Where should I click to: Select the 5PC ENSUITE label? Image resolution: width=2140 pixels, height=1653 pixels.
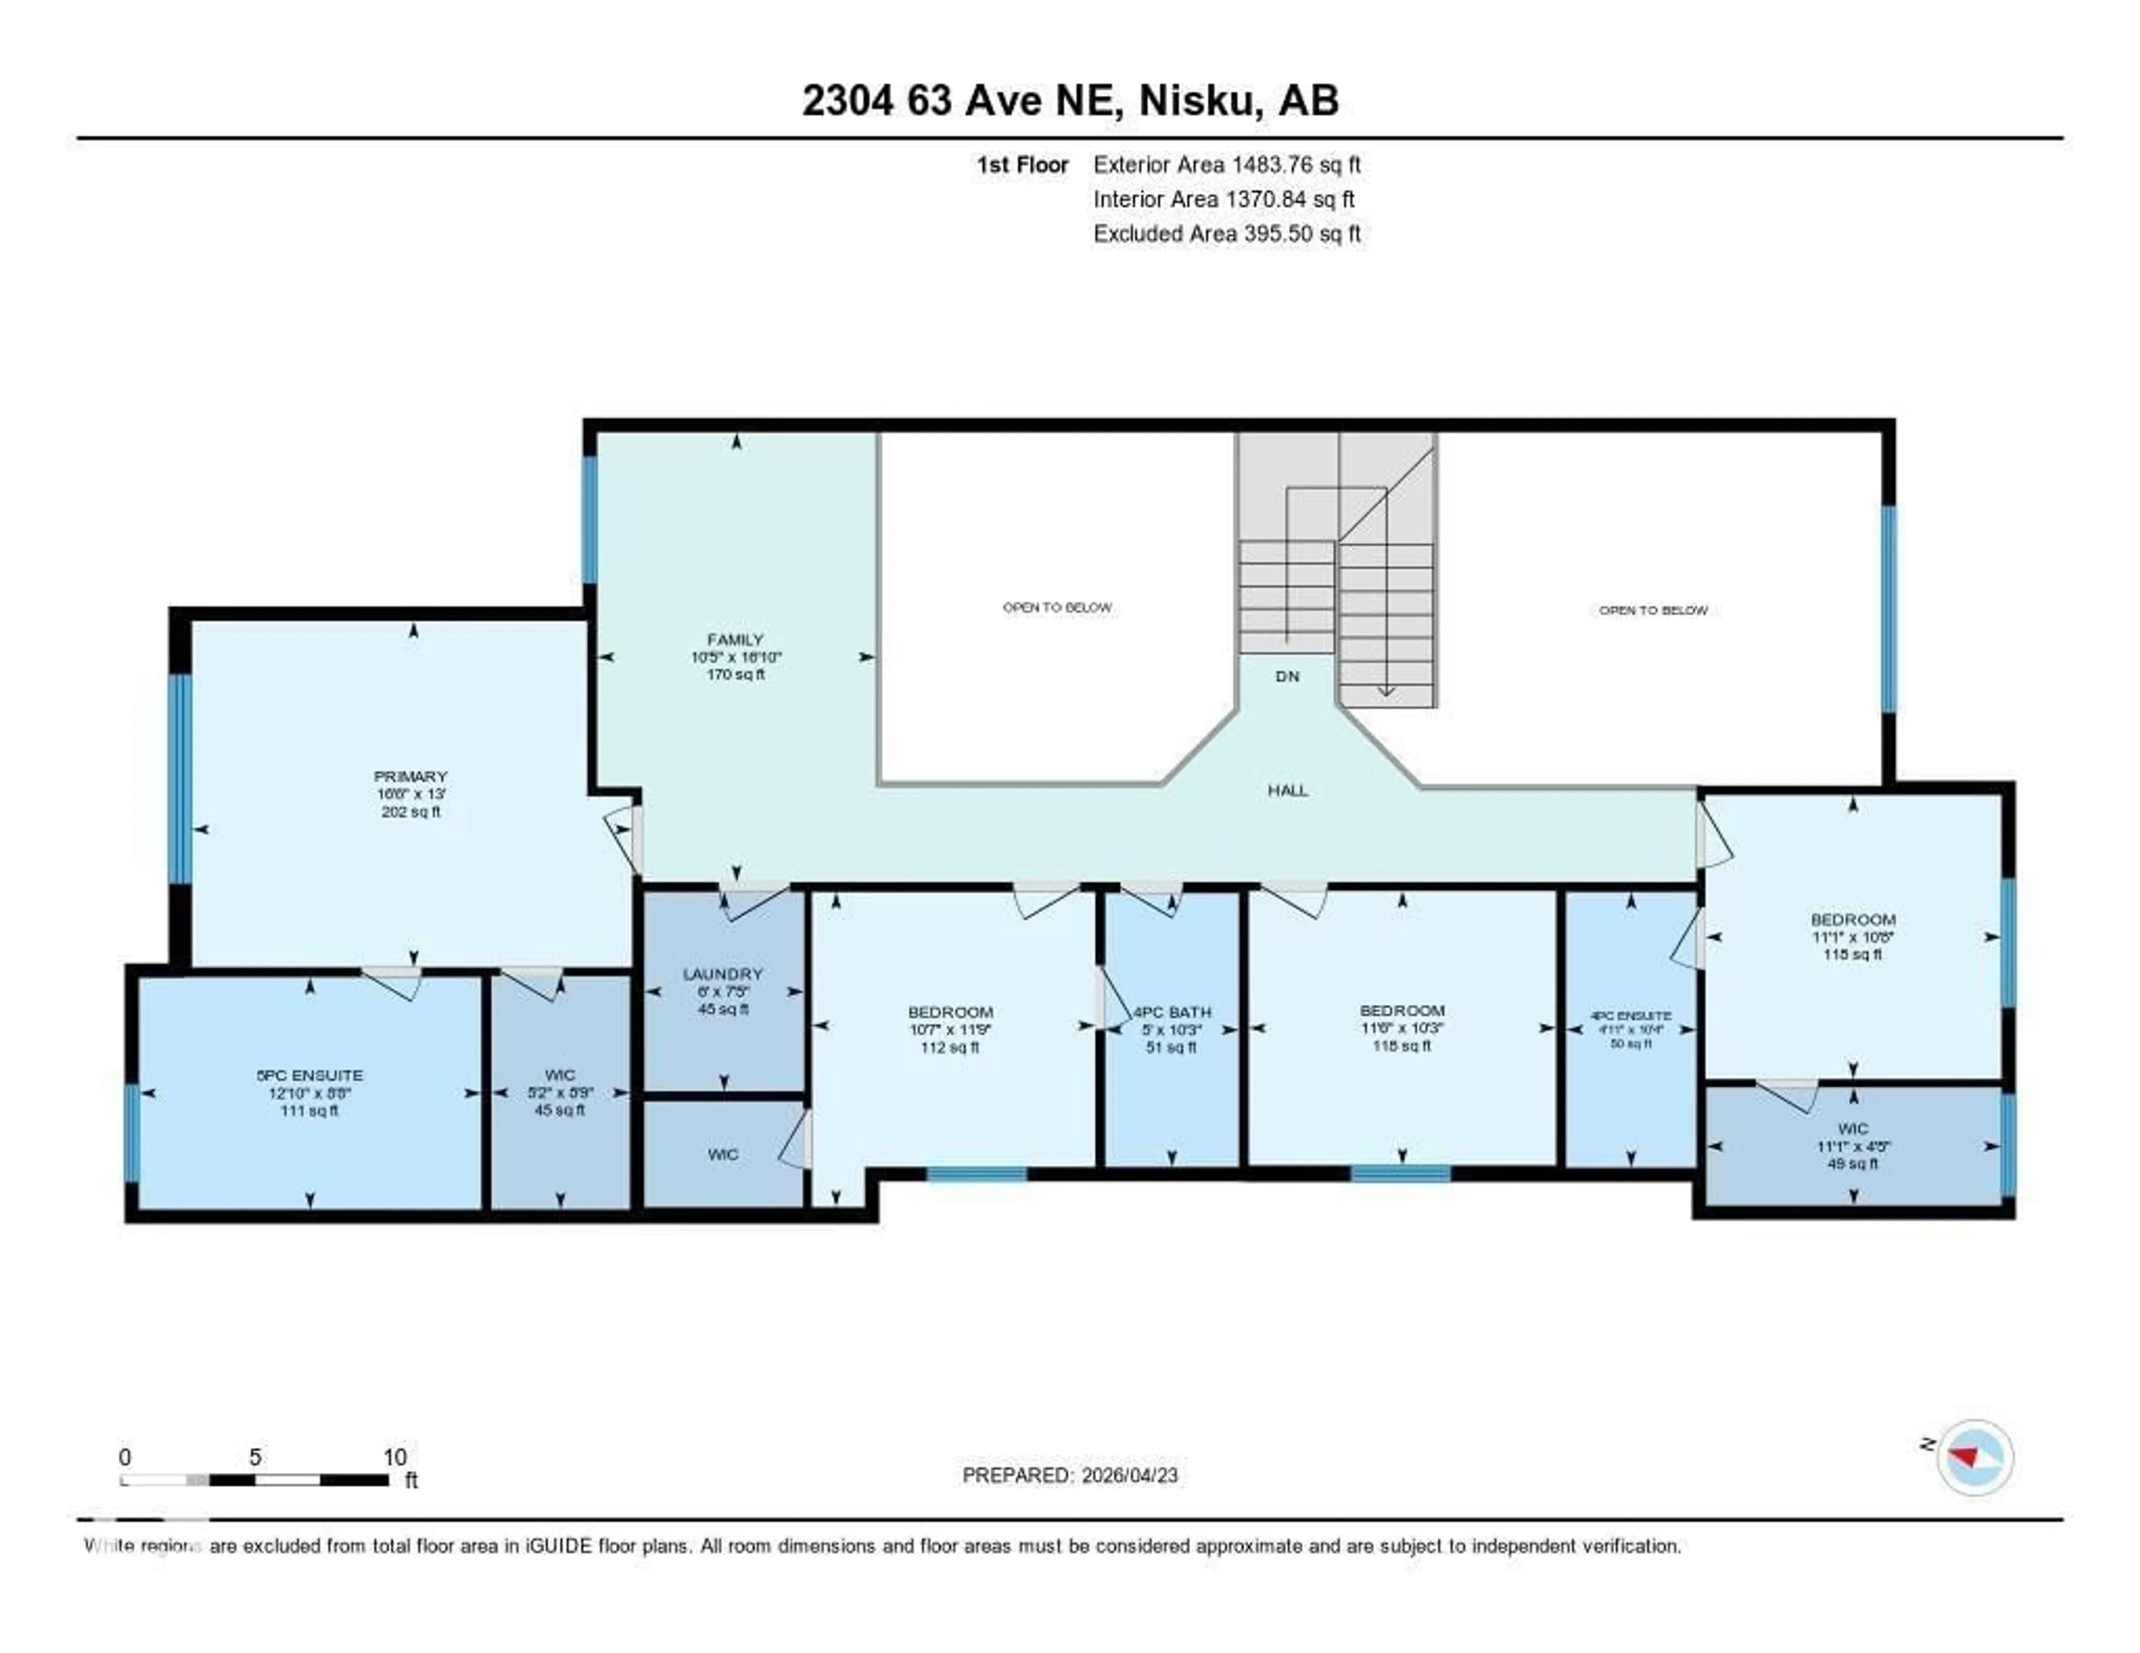coord(310,1076)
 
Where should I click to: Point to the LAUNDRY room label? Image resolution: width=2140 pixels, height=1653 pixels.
coord(723,974)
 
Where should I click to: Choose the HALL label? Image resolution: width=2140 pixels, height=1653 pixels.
coord(1287,791)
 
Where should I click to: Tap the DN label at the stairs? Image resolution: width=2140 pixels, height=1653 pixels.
coord(1287,676)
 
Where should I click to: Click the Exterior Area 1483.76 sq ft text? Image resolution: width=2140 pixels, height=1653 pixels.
coord(1227,164)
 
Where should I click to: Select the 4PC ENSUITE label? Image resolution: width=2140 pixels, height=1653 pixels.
coord(1631,1016)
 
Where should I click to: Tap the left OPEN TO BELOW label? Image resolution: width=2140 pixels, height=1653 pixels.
coord(1056,607)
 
